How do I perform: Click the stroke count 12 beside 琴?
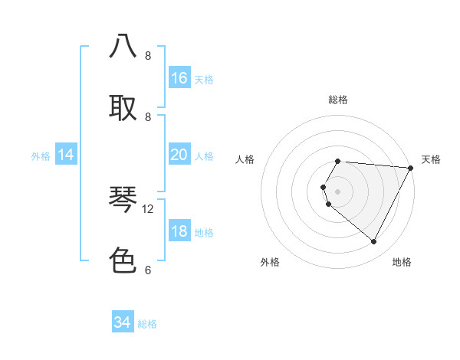[x=148, y=208]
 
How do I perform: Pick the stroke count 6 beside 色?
[x=148, y=270]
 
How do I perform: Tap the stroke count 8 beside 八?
[x=148, y=55]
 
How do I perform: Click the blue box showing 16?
[x=179, y=77]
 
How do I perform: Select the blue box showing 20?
[x=179, y=155]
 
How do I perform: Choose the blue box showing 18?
[x=179, y=231]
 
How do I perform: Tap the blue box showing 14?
[x=66, y=155]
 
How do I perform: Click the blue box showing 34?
[x=123, y=322]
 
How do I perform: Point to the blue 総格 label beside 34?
[x=147, y=324]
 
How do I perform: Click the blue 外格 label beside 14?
[x=41, y=156]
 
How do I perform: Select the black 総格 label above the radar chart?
[x=338, y=100]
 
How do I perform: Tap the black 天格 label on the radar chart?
[x=431, y=159]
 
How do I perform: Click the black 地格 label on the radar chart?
[x=402, y=262]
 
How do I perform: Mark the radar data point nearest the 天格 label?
[x=410, y=168]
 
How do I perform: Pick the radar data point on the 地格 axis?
[x=374, y=242]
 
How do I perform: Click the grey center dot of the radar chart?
[x=338, y=191]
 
